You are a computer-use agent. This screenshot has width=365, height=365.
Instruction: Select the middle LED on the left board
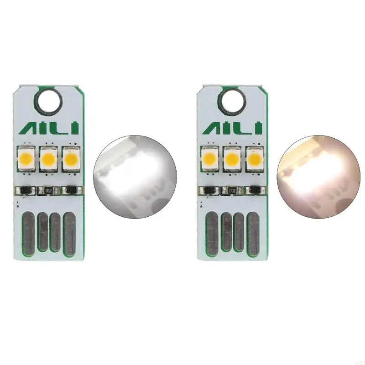(48, 159)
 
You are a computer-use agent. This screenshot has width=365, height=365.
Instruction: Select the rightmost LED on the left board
(70, 158)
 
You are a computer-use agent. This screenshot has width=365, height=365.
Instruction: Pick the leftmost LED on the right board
(210, 159)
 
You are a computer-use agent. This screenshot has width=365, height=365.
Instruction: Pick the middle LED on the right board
(232, 159)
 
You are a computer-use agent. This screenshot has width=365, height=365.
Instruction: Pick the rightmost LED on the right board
(254, 159)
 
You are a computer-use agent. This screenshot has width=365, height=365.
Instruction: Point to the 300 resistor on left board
(48, 189)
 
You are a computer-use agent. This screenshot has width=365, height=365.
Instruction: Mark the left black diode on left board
(25, 189)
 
